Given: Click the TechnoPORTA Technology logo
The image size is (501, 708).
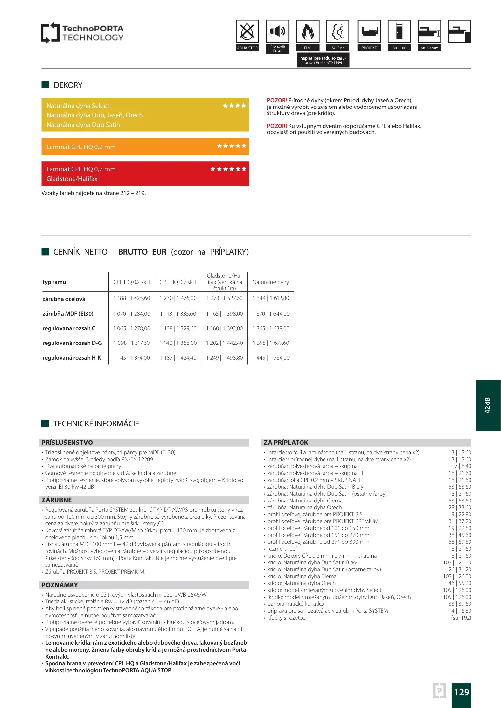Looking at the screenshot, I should click(82, 33).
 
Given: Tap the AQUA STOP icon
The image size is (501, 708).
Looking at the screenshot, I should click(247, 31).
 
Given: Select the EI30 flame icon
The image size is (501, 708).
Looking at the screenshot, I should click(307, 31).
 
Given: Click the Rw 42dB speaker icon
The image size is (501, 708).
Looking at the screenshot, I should click(278, 31).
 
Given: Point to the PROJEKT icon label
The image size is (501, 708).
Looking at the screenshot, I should click(369, 48).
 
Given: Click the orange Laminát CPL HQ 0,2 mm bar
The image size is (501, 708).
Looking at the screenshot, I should click(145, 147).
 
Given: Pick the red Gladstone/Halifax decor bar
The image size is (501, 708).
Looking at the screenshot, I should click(145, 174).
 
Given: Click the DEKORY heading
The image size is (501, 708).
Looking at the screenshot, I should click(68, 85).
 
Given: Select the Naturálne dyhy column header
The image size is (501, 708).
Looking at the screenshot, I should click(271, 282).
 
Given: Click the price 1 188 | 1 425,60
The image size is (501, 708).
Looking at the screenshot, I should click(132, 298).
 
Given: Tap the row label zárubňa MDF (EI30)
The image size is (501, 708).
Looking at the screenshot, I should click(68, 314).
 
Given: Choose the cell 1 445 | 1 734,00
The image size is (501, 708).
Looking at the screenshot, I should click(271, 358).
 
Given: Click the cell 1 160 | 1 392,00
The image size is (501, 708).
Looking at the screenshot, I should click(224, 328).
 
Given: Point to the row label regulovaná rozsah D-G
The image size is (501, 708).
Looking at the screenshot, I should click(72, 343).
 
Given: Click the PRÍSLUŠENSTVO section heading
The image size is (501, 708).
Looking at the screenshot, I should click(67, 442).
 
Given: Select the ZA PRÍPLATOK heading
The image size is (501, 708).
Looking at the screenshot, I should click(286, 442).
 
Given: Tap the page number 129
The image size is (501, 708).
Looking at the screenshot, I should click(461, 692).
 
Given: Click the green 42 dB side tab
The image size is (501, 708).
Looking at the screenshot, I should click(488, 405).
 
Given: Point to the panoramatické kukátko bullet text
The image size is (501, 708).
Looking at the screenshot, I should click(295, 604).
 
